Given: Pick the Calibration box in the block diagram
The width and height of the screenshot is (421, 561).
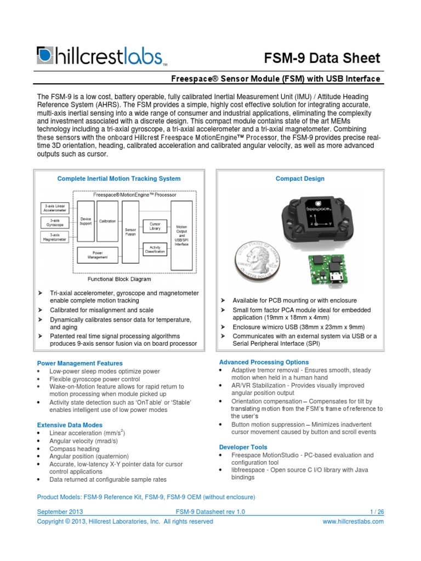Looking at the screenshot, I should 107,221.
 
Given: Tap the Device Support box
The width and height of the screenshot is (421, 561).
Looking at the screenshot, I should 86,221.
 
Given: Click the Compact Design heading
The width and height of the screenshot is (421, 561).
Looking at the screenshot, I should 300,179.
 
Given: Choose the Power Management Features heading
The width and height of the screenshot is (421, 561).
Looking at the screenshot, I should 79,363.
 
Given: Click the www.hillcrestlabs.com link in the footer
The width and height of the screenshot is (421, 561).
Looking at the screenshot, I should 354,522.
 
